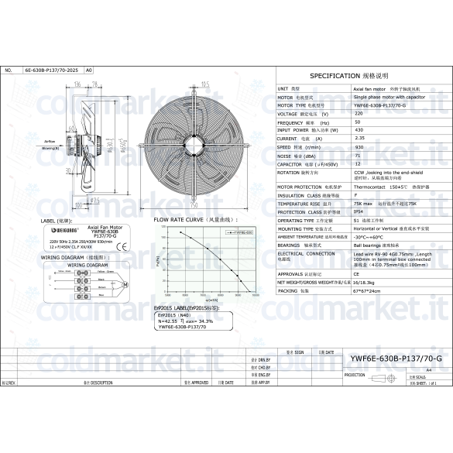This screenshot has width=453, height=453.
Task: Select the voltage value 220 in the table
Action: [358, 114]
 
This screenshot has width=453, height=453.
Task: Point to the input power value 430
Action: [359, 130]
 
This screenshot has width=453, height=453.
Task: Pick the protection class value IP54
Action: [359, 211]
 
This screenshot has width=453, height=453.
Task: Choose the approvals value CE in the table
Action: [357, 273]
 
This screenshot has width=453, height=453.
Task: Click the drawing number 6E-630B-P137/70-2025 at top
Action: [51, 70]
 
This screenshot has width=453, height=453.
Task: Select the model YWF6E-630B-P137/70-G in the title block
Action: [396, 359]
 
